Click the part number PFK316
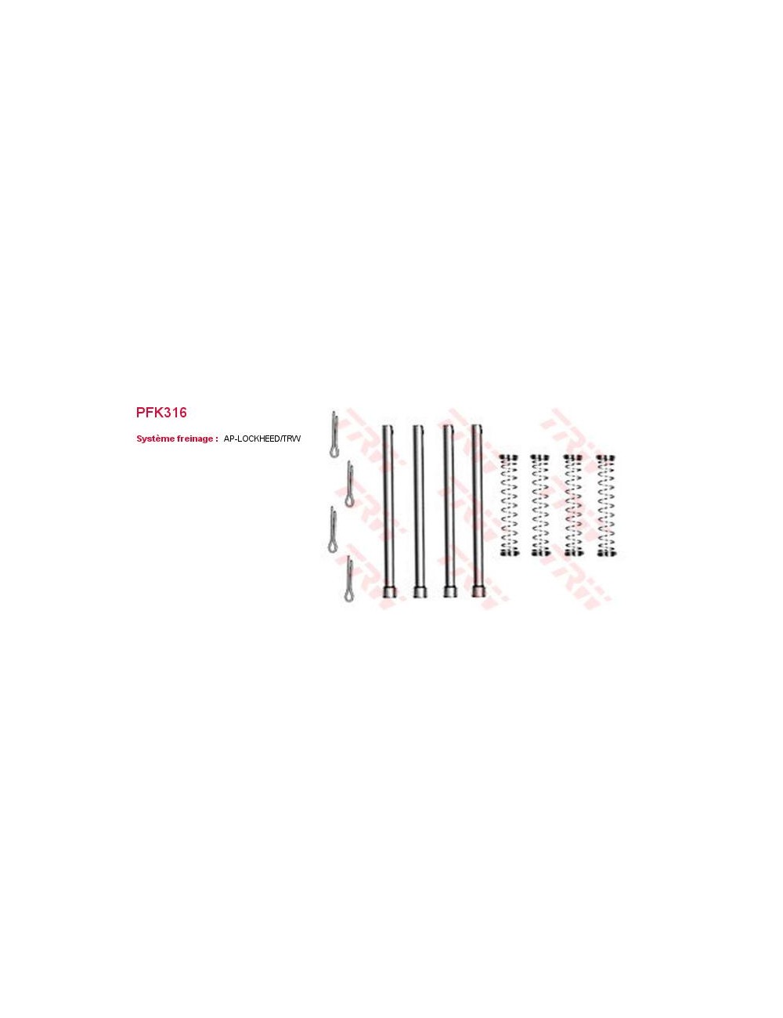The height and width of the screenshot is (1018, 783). (161, 412)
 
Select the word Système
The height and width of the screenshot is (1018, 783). (154, 439)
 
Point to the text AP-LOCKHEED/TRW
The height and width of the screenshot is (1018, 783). (262, 439)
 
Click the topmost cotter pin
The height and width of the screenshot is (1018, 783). (334, 434)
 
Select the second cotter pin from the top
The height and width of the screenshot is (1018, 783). (349, 483)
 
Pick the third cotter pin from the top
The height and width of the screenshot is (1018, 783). (334, 529)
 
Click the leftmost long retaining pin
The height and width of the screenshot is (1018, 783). (388, 511)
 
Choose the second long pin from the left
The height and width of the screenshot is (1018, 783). (419, 511)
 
